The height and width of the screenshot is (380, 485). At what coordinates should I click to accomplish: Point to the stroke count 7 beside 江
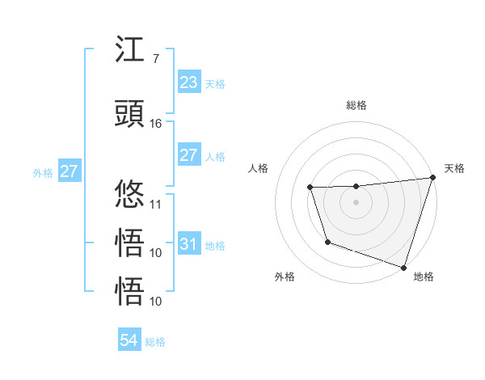(155, 59)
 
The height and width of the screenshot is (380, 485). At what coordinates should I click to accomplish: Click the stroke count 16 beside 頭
(156, 124)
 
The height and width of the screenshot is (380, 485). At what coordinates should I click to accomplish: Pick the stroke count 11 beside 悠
(156, 204)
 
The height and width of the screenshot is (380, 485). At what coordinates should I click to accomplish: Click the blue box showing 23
(188, 82)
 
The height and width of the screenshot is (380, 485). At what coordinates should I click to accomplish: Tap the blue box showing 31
(188, 244)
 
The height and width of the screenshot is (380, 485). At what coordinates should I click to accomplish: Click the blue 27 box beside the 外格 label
(69, 171)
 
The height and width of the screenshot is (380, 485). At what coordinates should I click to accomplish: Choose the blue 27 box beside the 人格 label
(188, 155)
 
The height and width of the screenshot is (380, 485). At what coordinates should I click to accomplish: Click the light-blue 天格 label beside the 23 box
(215, 83)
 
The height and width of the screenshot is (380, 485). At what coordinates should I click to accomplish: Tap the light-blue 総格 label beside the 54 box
(155, 342)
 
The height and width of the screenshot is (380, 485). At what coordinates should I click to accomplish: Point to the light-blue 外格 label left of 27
(43, 172)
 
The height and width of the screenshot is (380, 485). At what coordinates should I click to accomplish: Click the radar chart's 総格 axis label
(356, 105)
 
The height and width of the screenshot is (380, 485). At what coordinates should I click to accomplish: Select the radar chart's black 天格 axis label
(455, 168)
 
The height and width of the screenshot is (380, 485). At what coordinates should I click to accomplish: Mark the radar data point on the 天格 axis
(432, 178)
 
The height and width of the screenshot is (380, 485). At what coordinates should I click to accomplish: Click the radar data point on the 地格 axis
(403, 267)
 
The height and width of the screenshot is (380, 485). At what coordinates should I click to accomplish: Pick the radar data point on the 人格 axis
(310, 188)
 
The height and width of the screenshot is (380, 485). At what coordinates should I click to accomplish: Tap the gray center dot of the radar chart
(356, 202)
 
